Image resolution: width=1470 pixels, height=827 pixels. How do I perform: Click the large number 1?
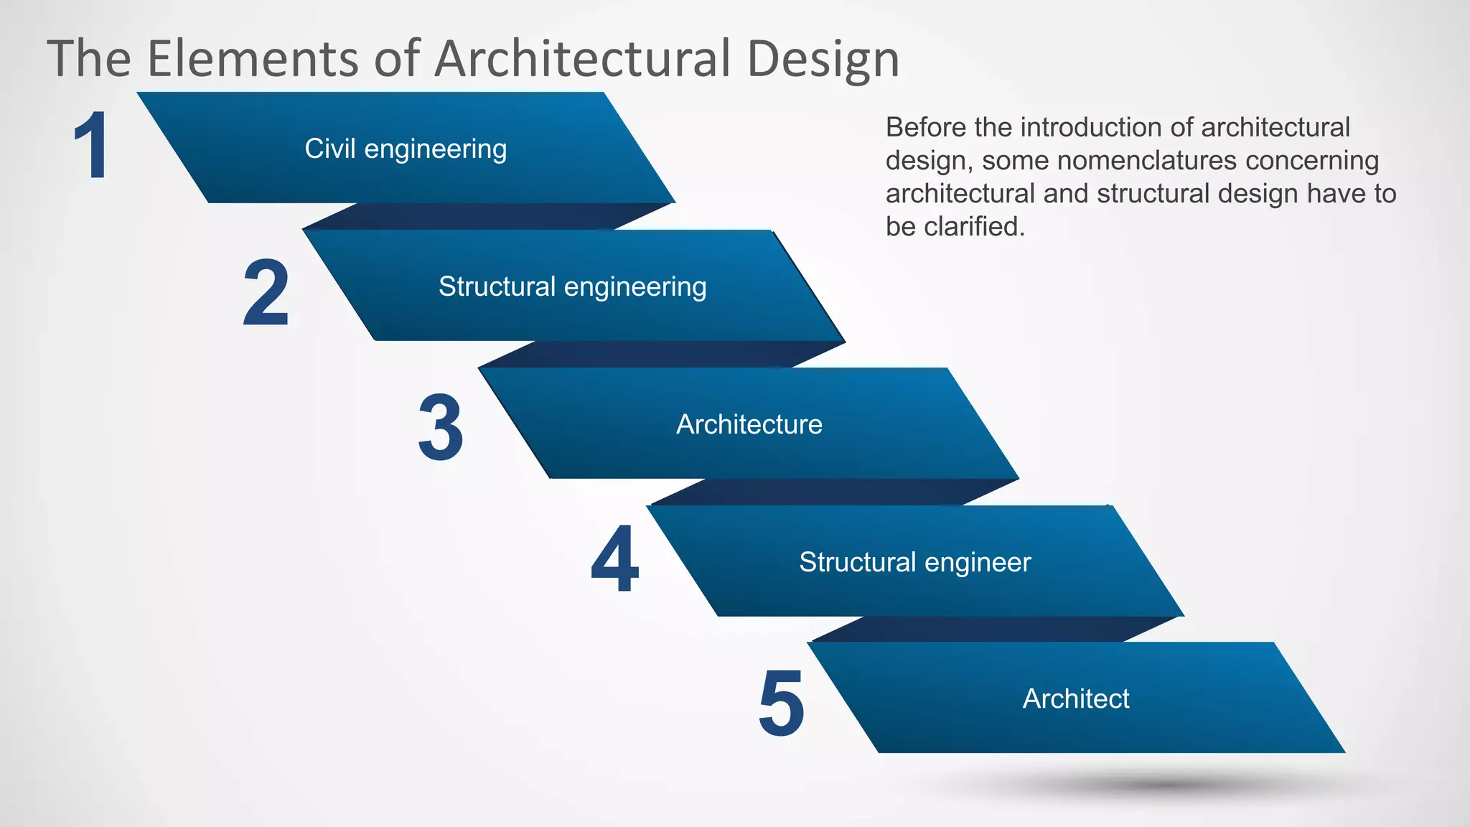pos(92,146)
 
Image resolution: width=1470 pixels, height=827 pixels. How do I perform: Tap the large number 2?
pos(266,293)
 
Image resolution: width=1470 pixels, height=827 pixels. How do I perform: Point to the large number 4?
pos(615,560)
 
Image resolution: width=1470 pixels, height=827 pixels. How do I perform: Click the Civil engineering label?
pos(406,149)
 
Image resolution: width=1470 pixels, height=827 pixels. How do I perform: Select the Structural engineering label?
pos(572,286)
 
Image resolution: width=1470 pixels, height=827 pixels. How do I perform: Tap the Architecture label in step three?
pos(749,424)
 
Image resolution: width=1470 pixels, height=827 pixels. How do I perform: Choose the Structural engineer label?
pos(914,562)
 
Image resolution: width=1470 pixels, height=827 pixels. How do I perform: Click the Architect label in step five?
pos(1075,698)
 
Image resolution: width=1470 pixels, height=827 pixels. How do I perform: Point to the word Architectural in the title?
pos(583,59)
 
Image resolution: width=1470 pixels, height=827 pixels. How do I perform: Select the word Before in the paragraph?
pos(926,128)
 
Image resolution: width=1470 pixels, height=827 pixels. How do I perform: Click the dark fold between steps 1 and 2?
pos(488,216)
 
